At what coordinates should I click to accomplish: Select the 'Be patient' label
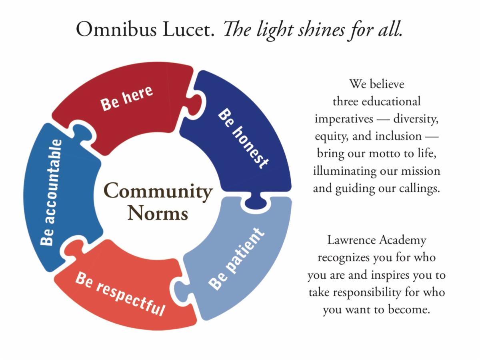click(236, 259)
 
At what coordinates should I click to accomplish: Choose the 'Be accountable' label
click(52, 192)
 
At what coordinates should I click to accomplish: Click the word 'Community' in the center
click(158, 191)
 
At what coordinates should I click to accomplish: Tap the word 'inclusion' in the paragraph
click(398, 136)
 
